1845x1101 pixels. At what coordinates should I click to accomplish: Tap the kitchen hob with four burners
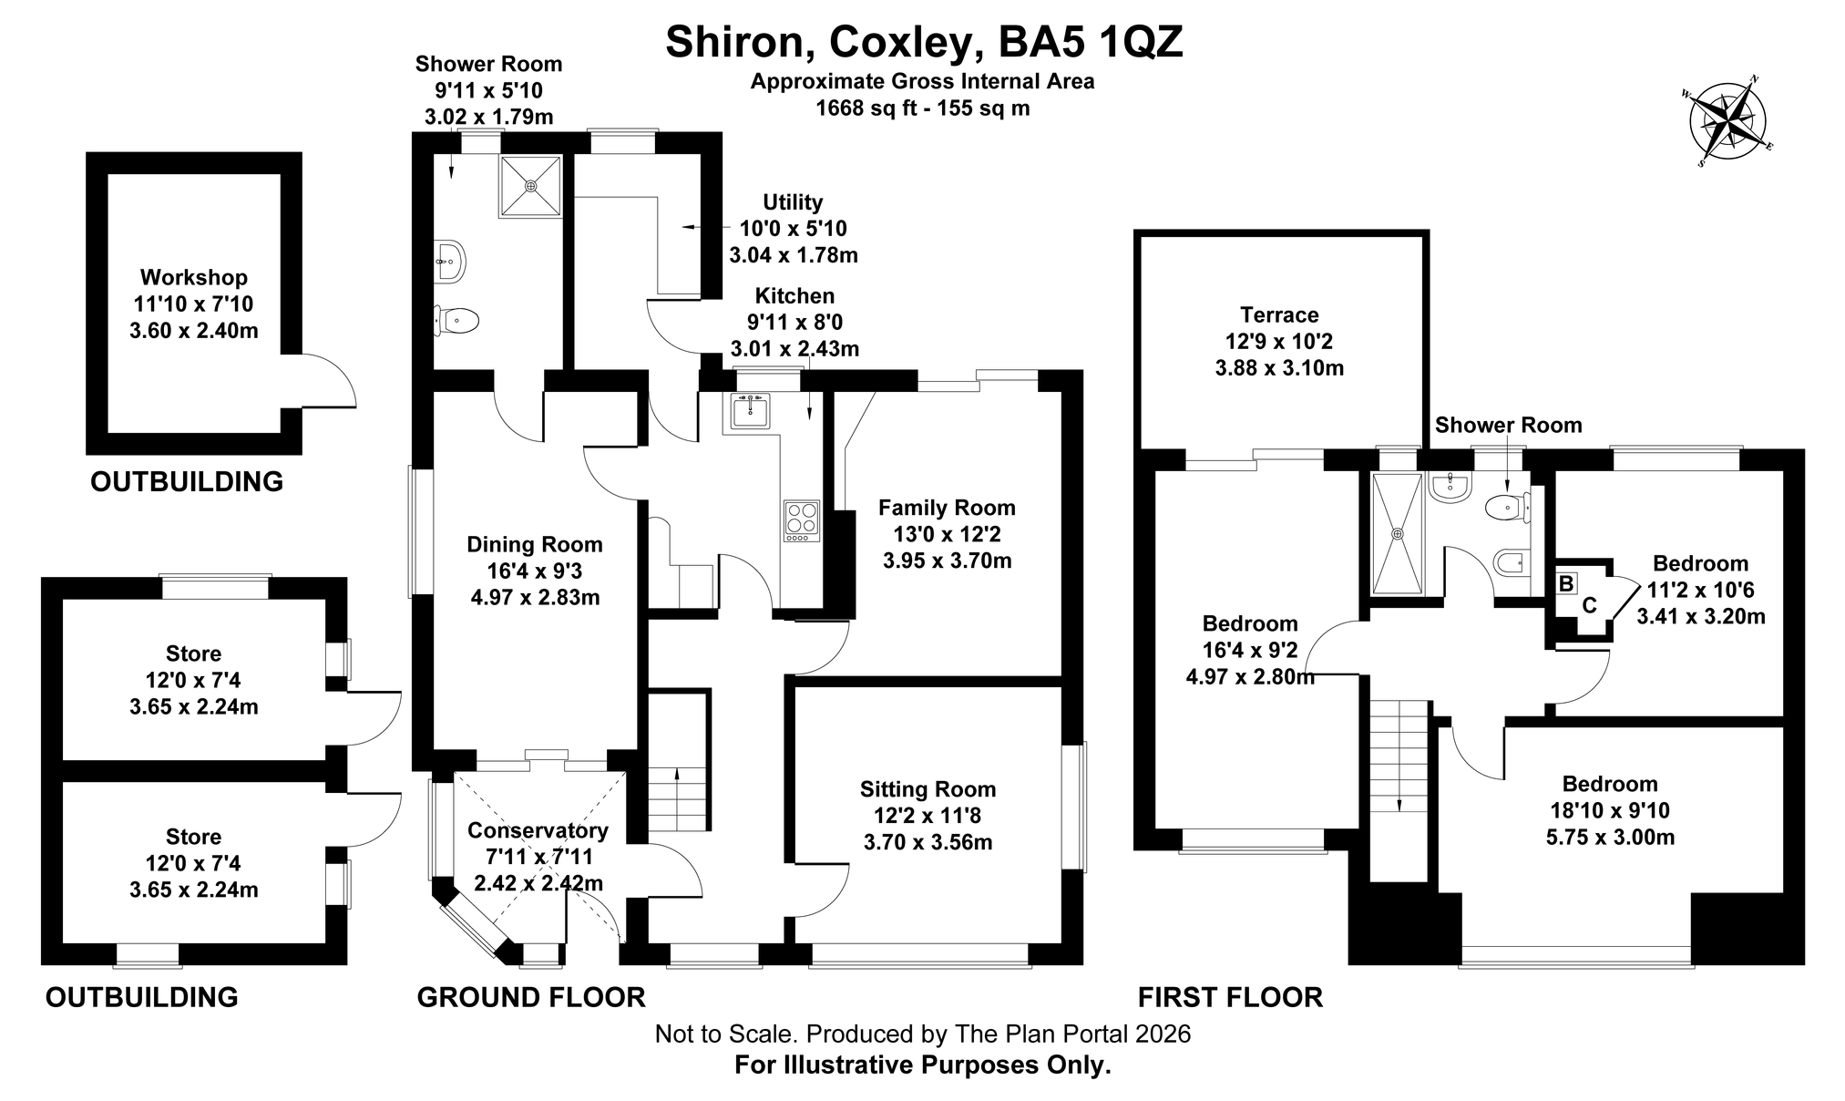(x=801, y=521)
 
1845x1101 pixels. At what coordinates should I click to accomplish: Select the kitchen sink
(x=749, y=411)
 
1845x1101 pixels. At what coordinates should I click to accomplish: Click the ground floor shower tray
(x=529, y=186)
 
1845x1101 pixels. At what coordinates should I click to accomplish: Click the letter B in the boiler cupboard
(x=1566, y=583)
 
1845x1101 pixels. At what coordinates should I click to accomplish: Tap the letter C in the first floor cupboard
(x=1589, y=605)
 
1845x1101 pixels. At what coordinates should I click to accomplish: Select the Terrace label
(x=1279, y=315)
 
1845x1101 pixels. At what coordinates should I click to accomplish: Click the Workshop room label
(x=194, y=278)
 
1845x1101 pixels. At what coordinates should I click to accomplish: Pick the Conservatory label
(x=538, y=830)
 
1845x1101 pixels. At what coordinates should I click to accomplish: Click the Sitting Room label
(x=928, y=789)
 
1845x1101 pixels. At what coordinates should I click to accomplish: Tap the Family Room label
(x=947, y=508)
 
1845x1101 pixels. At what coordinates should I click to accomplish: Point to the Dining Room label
(x=535, y=545)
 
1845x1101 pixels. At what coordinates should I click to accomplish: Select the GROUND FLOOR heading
(x=531, y=997)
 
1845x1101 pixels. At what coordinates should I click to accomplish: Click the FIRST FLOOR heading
(x=1230, y=997)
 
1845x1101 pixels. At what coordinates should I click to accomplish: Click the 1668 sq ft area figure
(x=866, y=108)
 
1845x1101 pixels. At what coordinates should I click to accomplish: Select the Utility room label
(x=793, y=202)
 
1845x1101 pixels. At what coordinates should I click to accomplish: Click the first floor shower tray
(x=1397, y=533)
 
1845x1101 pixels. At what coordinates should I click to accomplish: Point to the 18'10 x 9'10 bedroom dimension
(x=1610, y=810)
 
